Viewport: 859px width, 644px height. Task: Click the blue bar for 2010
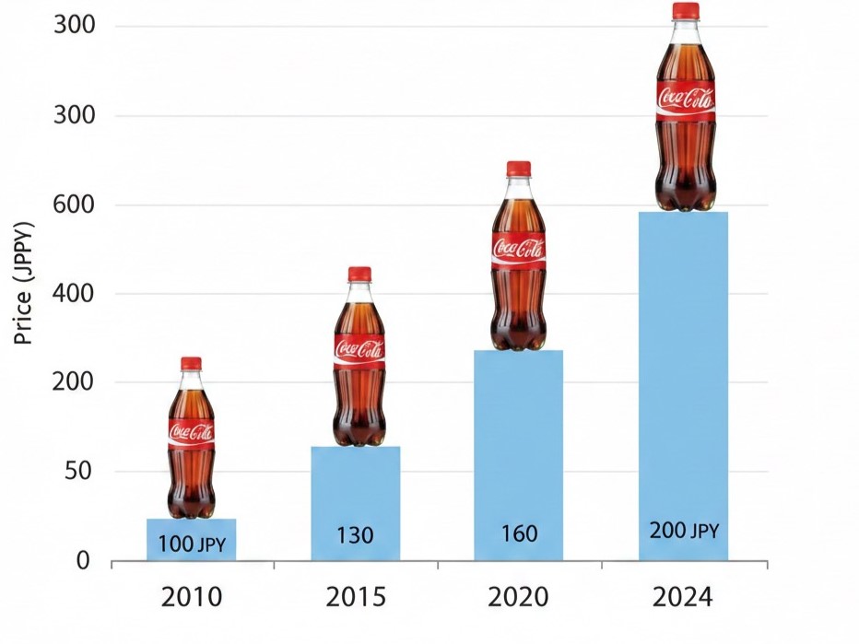coord(192,539)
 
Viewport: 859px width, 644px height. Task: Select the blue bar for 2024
coord(683,387)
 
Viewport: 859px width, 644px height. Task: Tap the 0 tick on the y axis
coord(83,561)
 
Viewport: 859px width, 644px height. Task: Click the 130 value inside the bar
coord(355,534)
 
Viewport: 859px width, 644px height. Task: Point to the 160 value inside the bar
coord(519,533)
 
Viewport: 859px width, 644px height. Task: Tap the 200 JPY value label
coord(683,531)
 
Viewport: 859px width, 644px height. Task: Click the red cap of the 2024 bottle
coord(685,11)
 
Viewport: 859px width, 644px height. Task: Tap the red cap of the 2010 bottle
coord(191,364)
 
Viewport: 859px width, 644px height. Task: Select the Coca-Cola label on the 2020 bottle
coord(518,248)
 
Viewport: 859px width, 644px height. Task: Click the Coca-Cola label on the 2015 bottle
coord(359,349)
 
